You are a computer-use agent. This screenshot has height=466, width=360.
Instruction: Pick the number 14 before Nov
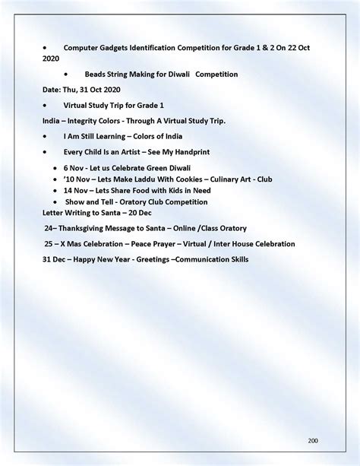pyautogui.click(x=68, y=190)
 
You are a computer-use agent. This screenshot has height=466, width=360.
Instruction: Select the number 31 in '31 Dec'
pyautogui.click(x=47, y=260)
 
